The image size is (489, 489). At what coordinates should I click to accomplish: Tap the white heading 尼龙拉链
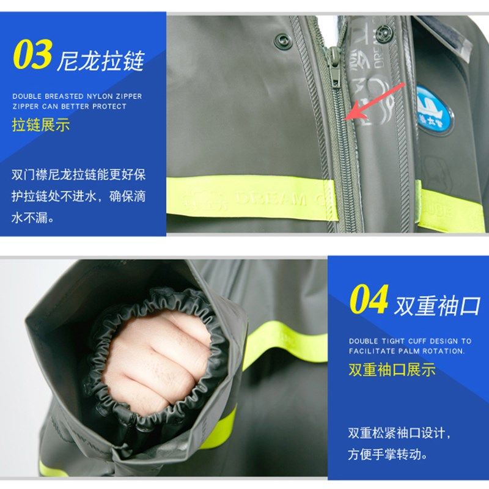coord(101,61)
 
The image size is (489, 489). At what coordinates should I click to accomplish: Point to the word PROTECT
coord(110,106)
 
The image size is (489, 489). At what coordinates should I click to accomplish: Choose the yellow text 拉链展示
coord(41,125)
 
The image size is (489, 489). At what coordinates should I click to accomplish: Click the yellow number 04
coord(369,301)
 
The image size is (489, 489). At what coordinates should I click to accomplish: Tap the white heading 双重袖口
coord(438,306)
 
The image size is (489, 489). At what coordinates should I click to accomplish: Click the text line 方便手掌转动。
coord(388,455)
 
